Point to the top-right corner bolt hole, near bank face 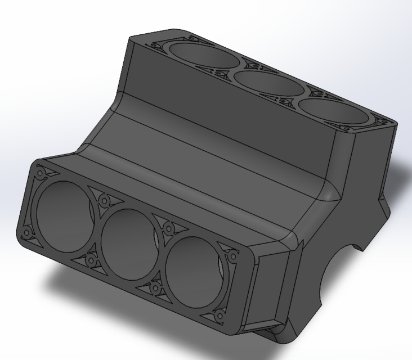232,255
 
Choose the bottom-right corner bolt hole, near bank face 218,315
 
